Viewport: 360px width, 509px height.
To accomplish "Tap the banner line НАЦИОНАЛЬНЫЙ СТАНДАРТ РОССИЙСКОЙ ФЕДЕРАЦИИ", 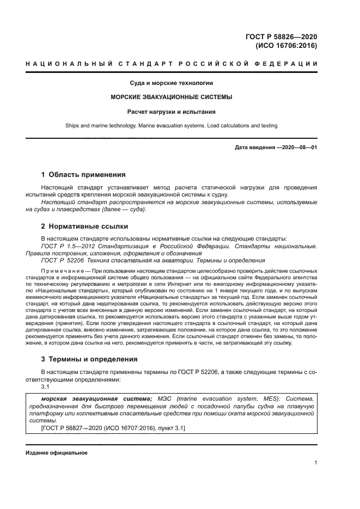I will (172, 64).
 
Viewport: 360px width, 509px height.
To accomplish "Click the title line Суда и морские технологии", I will (171, 83).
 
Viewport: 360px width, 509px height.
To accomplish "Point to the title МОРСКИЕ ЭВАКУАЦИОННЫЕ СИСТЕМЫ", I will (171, 97).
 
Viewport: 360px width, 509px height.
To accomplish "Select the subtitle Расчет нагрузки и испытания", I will (171, 112).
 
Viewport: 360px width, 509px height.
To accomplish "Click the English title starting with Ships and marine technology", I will (171, 126).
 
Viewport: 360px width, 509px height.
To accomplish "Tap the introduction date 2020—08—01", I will (298, 148).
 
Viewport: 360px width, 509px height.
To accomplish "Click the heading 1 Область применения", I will (83, 175).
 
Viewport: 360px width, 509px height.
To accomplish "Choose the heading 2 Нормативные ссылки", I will (85, 226).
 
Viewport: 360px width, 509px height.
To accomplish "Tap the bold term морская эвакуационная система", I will (93, 398).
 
